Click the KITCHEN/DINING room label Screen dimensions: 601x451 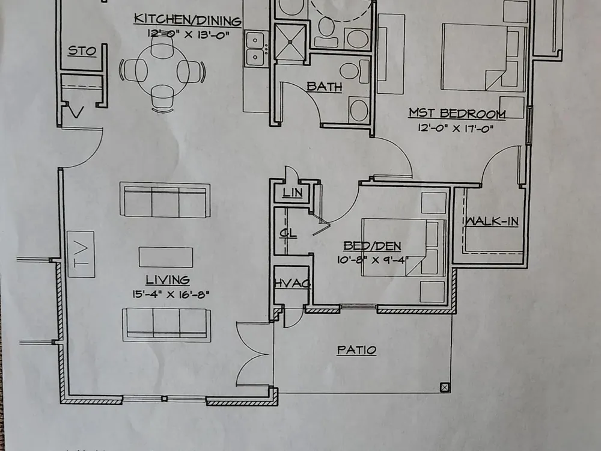188,20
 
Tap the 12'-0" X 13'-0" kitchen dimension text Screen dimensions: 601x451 188,34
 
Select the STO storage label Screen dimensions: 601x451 82,51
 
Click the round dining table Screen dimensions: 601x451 162,72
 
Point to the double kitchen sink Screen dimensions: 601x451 255,49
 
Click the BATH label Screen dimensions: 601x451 325,87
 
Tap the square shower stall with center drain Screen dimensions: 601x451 290,42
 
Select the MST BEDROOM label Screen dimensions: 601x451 457,114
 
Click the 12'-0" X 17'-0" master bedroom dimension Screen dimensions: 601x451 456,128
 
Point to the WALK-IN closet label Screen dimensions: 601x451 492,221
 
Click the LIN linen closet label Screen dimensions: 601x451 293,192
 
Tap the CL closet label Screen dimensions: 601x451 288,233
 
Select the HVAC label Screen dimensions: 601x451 293,283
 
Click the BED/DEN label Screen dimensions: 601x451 372,246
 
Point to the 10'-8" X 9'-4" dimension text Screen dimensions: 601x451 373,260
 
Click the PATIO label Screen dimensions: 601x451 356,350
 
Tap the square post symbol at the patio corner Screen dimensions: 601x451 445,388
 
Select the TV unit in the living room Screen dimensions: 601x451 81,254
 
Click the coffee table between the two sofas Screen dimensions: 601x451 166,257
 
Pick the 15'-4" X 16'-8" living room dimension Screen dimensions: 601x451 171,295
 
